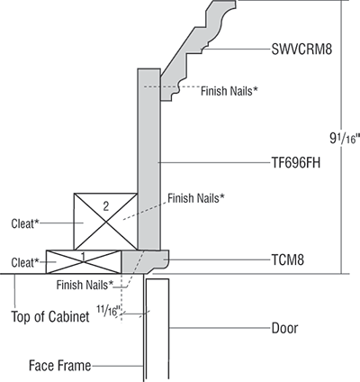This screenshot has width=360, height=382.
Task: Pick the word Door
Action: pyautogui.click(x=285, y=328)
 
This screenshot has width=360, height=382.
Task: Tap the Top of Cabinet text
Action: pyautogui.click(x=49, y=317)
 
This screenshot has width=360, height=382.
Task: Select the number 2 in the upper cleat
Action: pyautogui.click(x=105, y=206)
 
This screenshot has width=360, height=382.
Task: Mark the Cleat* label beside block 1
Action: pyautogui.click(x=23, y=262)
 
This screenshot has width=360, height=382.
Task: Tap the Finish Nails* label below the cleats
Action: pyautogui.click(x=85, y=285)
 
